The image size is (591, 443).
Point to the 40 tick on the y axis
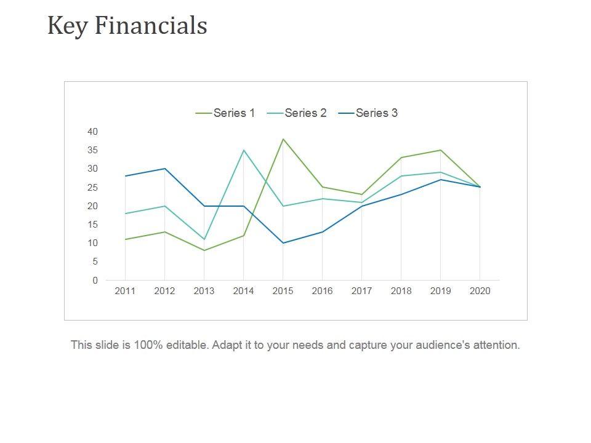[92, 132]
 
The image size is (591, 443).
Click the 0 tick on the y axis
[95, 281]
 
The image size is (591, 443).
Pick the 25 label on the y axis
[92, 188]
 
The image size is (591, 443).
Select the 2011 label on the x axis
[125, 292]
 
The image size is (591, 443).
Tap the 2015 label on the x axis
[283, 292]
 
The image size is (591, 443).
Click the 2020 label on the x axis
[480, 292]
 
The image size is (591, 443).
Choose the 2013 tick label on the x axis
[204, 292]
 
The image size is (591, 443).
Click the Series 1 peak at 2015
[283, 139]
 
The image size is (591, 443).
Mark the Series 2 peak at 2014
[243, 150]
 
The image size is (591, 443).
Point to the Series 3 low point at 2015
[283, 243]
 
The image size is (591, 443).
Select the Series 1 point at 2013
[204, 250]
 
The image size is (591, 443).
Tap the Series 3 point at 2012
[164, 169]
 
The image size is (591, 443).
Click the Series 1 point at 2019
[440, 150]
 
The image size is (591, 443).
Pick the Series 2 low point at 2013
[204, 239]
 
